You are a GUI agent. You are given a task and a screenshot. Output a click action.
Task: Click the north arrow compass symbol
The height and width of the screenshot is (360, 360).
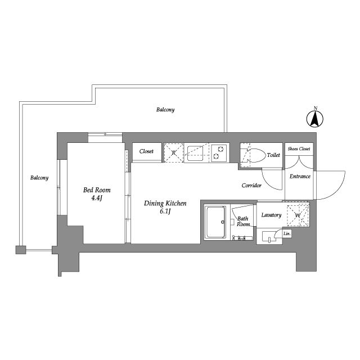click(x=315, y=118)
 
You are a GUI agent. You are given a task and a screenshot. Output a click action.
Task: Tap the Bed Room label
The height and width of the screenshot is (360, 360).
click(x=97, y=190)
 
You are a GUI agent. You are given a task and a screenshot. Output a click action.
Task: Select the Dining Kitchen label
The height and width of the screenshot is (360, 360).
click(x=165, y=203)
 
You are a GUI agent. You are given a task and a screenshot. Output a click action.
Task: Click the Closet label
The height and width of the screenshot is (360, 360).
click(x=146, y=151)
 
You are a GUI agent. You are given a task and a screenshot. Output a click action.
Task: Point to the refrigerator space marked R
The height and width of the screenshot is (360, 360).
click(x=174, y=152)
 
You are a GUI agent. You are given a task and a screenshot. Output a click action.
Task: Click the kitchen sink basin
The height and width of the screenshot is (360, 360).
click(x=195, y=153)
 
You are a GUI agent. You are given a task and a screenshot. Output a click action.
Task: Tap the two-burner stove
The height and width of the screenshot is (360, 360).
click(x=219, y=152)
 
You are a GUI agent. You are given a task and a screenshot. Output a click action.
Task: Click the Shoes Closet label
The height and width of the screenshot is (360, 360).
click(x=299, y=148)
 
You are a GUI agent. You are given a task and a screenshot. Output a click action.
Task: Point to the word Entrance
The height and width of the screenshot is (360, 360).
click(x=300, y=176)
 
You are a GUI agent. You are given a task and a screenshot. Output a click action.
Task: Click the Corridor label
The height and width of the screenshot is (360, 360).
click(x=251, y=185)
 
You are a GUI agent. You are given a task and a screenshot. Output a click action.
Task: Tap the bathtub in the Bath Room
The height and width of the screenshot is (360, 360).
click(x=215, y=222)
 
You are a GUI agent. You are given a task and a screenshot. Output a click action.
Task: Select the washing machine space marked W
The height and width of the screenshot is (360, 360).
click(x=298, y=215)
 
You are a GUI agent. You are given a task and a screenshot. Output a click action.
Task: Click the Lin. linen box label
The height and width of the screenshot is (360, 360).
click(x=287, y=234)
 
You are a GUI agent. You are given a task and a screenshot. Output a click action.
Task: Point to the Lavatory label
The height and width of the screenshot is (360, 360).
click(x=271, y=215)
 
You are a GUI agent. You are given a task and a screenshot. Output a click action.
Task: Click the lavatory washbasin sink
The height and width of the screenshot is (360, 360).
click(x=269, y=236)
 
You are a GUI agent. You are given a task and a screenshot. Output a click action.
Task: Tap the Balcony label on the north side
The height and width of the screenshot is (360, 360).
click(x=165, y=110)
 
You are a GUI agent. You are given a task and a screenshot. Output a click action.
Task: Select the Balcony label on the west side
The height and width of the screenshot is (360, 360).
click(x=39, y=178)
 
